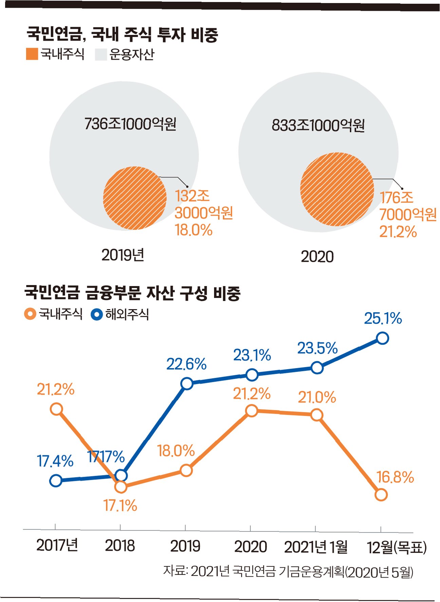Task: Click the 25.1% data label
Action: pyautogui.click(x=383, y=318)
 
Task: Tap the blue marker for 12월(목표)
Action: pyautogui.click(x=382, y=338)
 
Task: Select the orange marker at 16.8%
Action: pyautogui.click(x=381, y=495)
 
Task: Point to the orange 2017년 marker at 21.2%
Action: pyautogui.click(x=56, y=409)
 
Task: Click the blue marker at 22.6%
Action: pyautogui.click(x=187, y=384)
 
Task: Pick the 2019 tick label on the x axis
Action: pyautogui.click(x=185, y=546)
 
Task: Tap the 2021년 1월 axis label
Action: pyautogui.click(x=316, y=547)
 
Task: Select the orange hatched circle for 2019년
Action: pyautogui.click(x=135, y=198)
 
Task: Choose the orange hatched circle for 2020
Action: pyautogui.click(x=337, y=189)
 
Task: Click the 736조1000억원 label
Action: pyautogui.click(x=130, y=124)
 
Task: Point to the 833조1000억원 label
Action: pyautogui.click(x=318, y=125)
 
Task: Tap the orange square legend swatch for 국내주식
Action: pyautogui.click(x=32, y=54)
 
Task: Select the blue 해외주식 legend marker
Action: pyautogui.click(x=97, y=314)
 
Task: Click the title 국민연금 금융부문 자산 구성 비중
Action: pyautogui.click(x=132, y=293)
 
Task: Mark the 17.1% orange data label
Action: pyautogui.click(x=120, y=506)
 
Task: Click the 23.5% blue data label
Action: pyautogui.click(x=318, y=348)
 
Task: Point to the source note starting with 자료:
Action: pyautogui.click(x=288, y=571)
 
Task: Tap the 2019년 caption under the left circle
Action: pyautogui.click(x=123, y=255)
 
